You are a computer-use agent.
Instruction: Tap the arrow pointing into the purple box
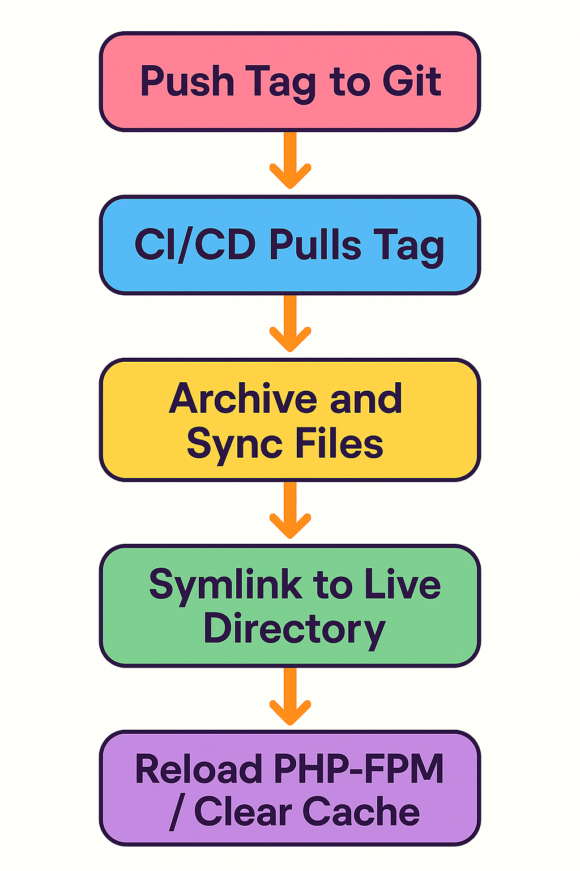pos(290,697)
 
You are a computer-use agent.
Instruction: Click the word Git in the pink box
pos(412,81)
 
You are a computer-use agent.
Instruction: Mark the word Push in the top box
pos(187,81)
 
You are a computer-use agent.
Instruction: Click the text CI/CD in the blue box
pos(195,245)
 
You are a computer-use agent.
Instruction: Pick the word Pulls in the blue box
pos(315,245)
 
